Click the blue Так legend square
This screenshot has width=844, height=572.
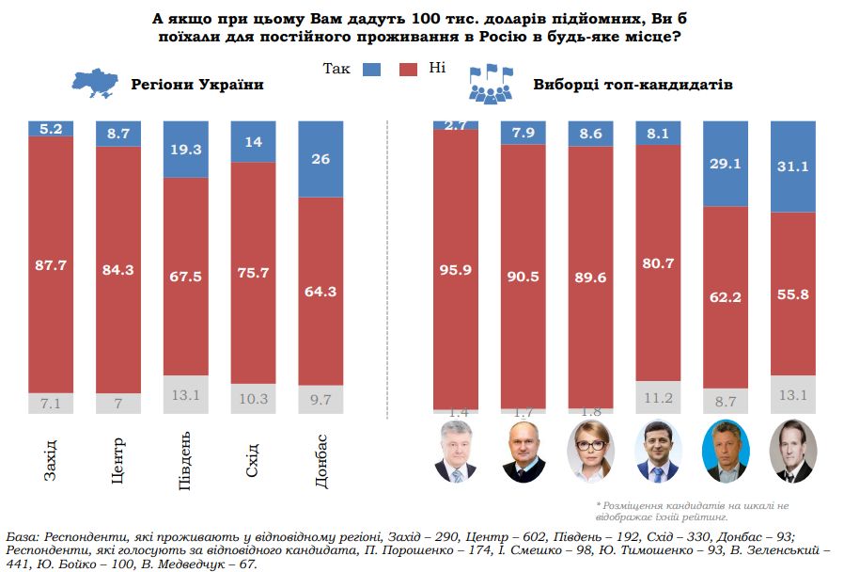click(x=370, y=69)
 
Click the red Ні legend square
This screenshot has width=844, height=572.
click(x=409, y=69)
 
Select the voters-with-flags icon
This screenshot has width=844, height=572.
click(x=492, y=84)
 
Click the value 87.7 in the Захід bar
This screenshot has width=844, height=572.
click(x=51, y=265)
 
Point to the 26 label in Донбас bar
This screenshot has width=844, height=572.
click(x=320, y=159)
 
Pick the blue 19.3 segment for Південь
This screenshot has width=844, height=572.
click(x=186, y=150)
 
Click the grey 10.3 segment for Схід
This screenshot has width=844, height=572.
click(x=254, y=400)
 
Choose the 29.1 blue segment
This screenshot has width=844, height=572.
click(x=725, y=163)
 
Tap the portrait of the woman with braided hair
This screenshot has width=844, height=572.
click(x=591, y=452)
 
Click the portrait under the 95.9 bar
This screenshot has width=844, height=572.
click(x=456, y=452)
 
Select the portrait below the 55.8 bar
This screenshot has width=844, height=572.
click(x=792, y=452)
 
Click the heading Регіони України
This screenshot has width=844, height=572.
click(x=182, y=85)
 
